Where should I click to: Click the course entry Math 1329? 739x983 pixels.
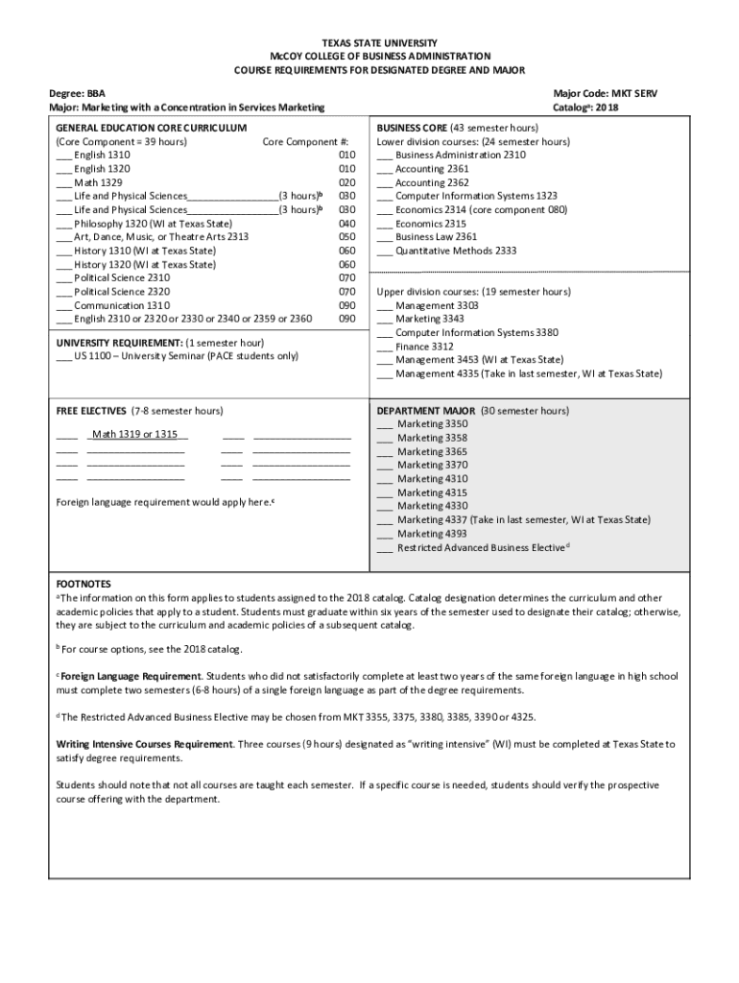click(98, 182)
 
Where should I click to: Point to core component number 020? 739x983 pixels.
click(347, 182)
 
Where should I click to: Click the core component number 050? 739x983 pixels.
click(347, 237)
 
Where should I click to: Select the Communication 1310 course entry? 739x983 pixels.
click(122, 305)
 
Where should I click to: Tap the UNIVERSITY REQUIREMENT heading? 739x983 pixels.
click(119, 343)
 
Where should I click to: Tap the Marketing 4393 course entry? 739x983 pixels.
click(432, 534)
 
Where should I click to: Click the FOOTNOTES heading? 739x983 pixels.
click(83, 584)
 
